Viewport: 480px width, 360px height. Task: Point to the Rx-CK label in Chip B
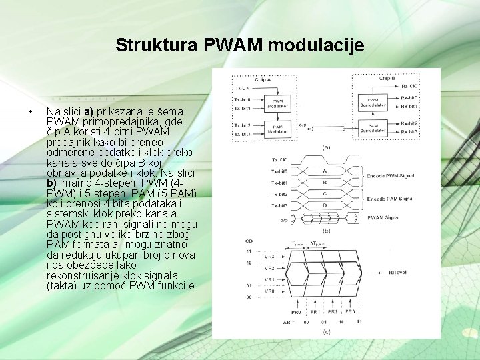point(409,86)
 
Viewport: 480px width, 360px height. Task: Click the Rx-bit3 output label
point(409,132)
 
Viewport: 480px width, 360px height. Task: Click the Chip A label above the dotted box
point(263,79)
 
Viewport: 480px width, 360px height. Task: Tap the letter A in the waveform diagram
point(324,171)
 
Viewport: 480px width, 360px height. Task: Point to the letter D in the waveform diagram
point(324,205)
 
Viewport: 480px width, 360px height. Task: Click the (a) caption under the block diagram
point(327,147)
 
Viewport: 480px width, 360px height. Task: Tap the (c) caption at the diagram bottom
point(327,331)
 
